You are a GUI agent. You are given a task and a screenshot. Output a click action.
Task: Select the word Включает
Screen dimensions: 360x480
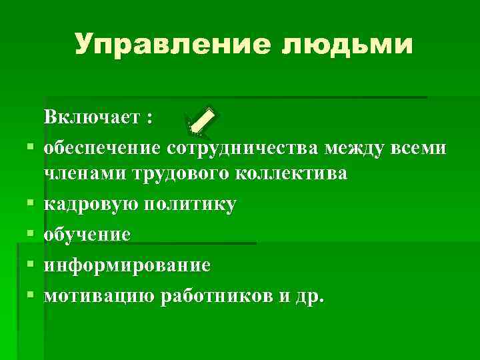point(93,118)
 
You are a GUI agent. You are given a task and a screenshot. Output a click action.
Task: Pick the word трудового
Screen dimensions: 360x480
point(180,174)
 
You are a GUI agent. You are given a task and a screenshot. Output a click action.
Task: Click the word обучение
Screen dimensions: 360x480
point(87,234)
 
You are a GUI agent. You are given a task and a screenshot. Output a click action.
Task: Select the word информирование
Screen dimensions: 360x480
point(127,265)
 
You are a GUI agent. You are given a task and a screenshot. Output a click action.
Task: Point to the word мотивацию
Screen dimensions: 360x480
point(99,295)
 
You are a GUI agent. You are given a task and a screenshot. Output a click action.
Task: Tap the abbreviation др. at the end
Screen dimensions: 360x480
point(309,295)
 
